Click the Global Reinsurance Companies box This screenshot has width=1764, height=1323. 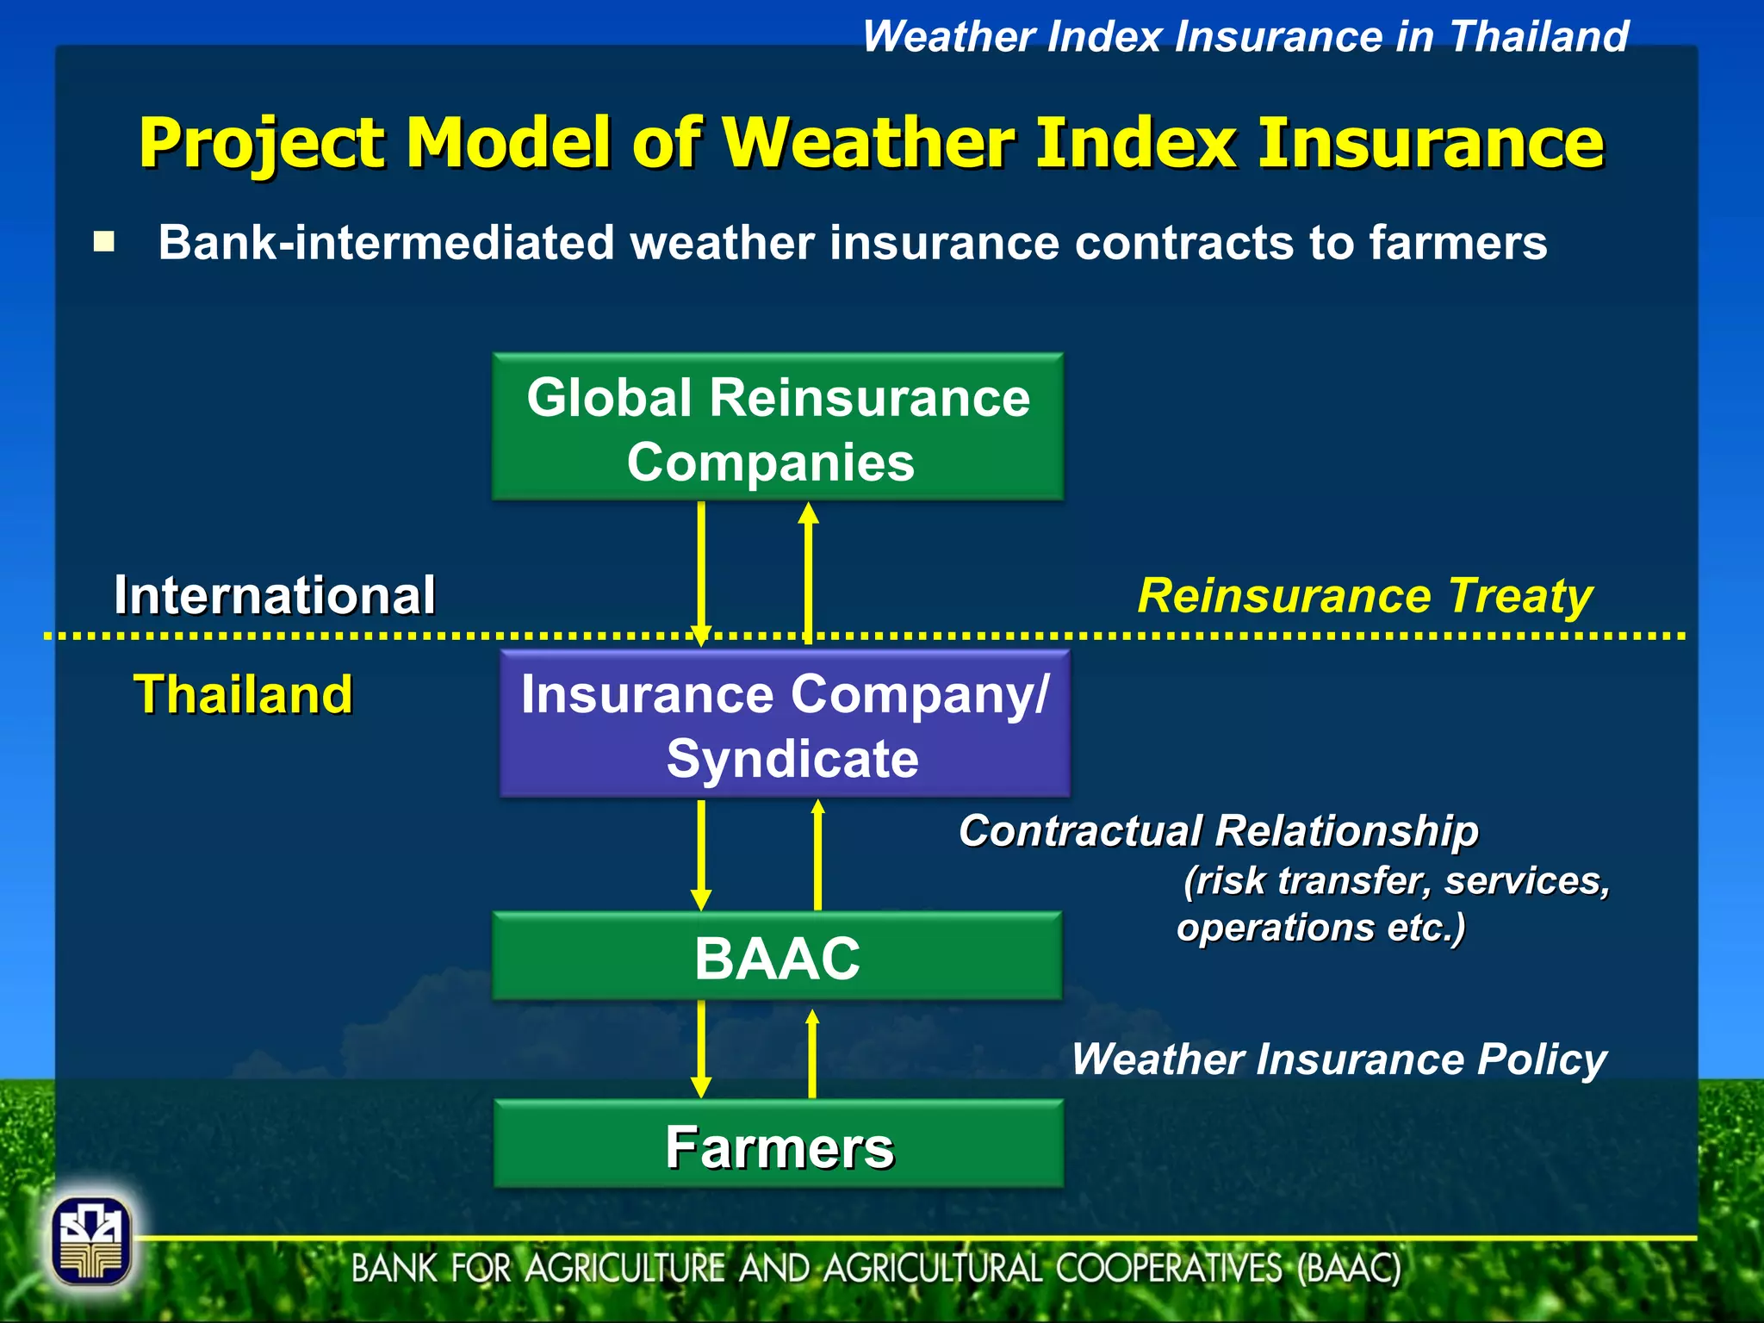pos(778,427)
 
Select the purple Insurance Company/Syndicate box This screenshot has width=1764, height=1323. pos(785,724)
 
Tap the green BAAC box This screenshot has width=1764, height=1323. pos(777,957)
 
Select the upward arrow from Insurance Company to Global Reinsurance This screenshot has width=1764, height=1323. pos(808,573)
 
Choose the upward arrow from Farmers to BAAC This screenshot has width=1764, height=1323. pos(811,1053)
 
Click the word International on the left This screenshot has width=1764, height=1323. pos(274,595)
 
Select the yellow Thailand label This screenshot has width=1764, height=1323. pos(243,694)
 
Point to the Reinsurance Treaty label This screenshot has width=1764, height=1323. pos(1364,596)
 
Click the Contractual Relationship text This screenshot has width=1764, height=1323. pos(1218,831)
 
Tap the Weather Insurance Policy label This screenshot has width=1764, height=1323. pos(1339,1059)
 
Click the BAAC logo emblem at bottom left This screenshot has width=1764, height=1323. pos(91,1241)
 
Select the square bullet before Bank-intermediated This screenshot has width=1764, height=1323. pos(104,242)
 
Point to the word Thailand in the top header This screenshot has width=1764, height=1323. pos(1538,37)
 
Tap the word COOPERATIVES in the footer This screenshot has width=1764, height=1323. pos(1170,1269)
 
